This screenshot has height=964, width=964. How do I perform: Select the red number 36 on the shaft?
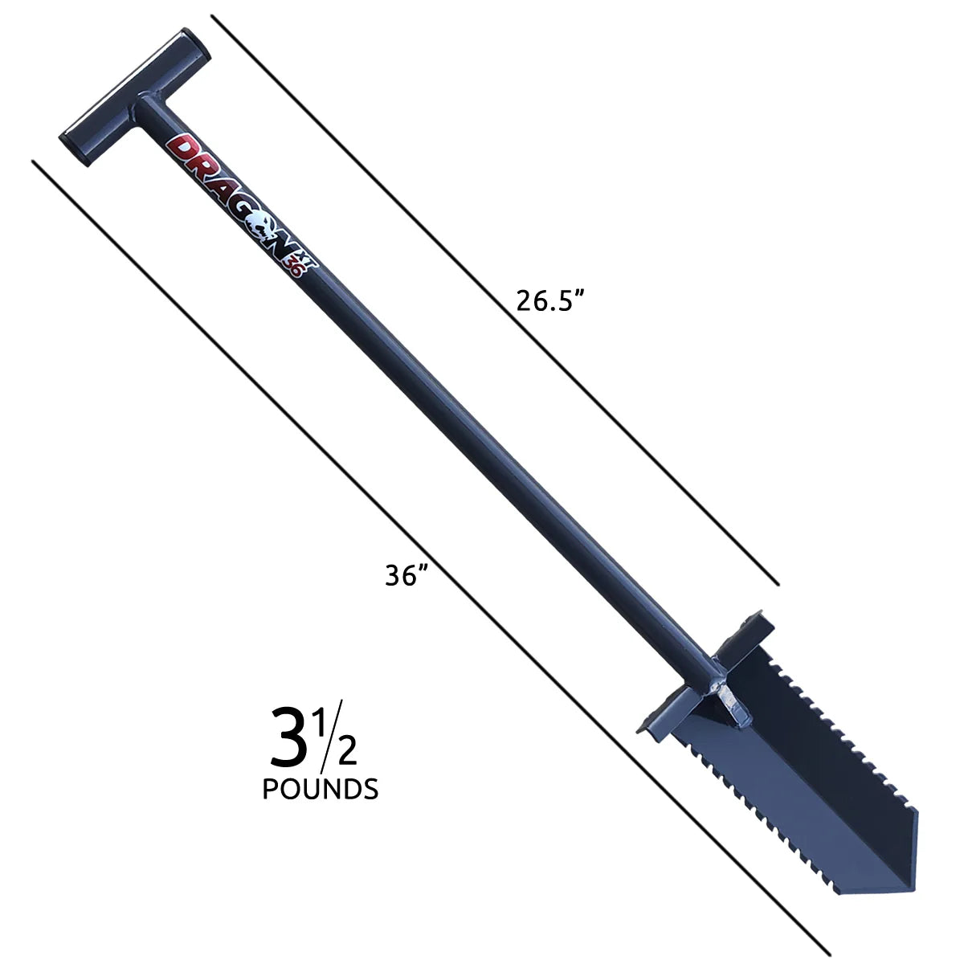point(295,270)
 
